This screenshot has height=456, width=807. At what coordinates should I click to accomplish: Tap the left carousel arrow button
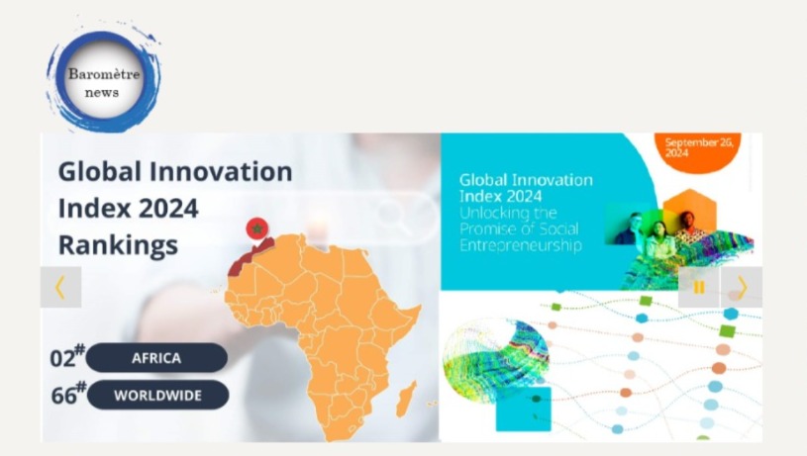click(x=60, y=287)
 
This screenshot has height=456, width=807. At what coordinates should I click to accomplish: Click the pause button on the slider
click(x=698, y=287)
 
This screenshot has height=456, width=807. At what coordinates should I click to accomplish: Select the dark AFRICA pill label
click(x=156, y=358)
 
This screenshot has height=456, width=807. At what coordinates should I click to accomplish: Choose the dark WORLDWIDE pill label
click(x=158, y=395)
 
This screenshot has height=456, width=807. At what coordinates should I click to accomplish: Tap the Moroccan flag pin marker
click(x=257, y=228)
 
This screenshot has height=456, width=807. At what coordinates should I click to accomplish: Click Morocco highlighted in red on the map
click(x=250, y=257)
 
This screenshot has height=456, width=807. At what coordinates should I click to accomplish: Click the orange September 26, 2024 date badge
click(x=698, y=151)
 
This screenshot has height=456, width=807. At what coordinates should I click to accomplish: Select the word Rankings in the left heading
click(x=119, y=244)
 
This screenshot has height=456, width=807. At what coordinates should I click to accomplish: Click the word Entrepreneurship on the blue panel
click(x=520, y=245)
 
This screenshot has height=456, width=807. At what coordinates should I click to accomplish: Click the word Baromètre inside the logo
click(x=104, y=74)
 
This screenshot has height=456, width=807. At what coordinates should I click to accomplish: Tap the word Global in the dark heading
click(x=99, y=171)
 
